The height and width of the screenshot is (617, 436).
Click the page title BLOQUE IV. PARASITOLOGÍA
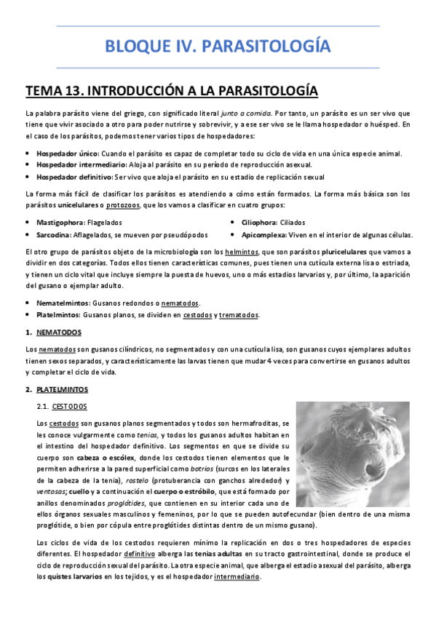pyautogui.click(x=218, y=47)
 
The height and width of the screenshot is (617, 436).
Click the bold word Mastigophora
pyautogui.click(x=60, y=222)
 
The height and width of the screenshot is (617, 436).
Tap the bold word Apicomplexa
pyautogui.click(x=265, y=235)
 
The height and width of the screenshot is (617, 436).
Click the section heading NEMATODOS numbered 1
pyautogui.click(x=59, y=333)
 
